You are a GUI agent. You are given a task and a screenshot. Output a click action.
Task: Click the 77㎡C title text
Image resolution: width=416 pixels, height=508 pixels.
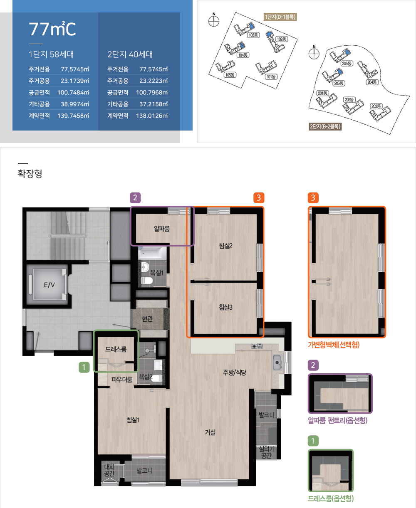(x=52, y=29)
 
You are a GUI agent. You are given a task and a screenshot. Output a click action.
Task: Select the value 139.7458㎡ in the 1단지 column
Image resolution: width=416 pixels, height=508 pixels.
(x=73, y=116)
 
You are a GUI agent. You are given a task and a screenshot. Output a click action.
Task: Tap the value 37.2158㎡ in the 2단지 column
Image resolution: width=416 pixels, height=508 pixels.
(x=154, y=104)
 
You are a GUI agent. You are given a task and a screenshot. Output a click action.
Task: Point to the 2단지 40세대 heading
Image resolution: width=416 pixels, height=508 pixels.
(x=130, y=54)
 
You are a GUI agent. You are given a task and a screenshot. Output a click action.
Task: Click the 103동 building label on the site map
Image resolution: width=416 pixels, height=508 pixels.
(x=253, y=35)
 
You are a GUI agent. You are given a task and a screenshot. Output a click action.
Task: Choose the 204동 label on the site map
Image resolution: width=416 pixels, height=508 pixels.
(x=372, y=82)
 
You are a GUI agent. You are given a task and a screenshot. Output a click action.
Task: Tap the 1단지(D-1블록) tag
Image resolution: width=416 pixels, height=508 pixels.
(x=280, y=17)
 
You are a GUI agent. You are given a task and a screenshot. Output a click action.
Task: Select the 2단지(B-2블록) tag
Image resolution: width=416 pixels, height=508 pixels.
(x=325, y=126)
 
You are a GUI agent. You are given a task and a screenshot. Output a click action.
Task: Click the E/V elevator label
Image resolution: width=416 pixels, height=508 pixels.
(x=49, y=285)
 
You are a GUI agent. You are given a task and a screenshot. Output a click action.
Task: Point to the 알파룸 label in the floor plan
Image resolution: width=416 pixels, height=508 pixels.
(x=162, y=229)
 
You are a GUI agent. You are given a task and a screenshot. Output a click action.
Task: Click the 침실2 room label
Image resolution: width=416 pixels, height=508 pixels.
(x=225, y=246)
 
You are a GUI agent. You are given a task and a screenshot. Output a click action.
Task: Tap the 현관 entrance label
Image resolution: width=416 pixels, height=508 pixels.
(x=147, y=319)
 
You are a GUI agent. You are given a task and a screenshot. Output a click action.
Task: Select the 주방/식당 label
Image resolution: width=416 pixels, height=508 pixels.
(x=235, y=372)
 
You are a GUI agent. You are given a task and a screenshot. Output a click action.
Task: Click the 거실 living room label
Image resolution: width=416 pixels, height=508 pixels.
(x=210, y=432)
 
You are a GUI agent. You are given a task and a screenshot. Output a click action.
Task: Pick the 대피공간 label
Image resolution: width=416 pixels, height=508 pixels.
(x=109, y=470)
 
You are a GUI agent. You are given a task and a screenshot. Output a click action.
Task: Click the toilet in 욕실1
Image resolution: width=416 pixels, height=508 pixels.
(x=147, y=281)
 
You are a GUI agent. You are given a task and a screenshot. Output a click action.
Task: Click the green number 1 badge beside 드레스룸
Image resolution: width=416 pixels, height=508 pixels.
(x=84, y=367)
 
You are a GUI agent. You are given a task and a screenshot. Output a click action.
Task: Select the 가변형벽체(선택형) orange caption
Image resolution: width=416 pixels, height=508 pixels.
(x=334, y=345)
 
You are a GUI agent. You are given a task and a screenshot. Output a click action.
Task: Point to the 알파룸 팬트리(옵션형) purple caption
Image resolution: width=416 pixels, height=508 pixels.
(x=338, y=421)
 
